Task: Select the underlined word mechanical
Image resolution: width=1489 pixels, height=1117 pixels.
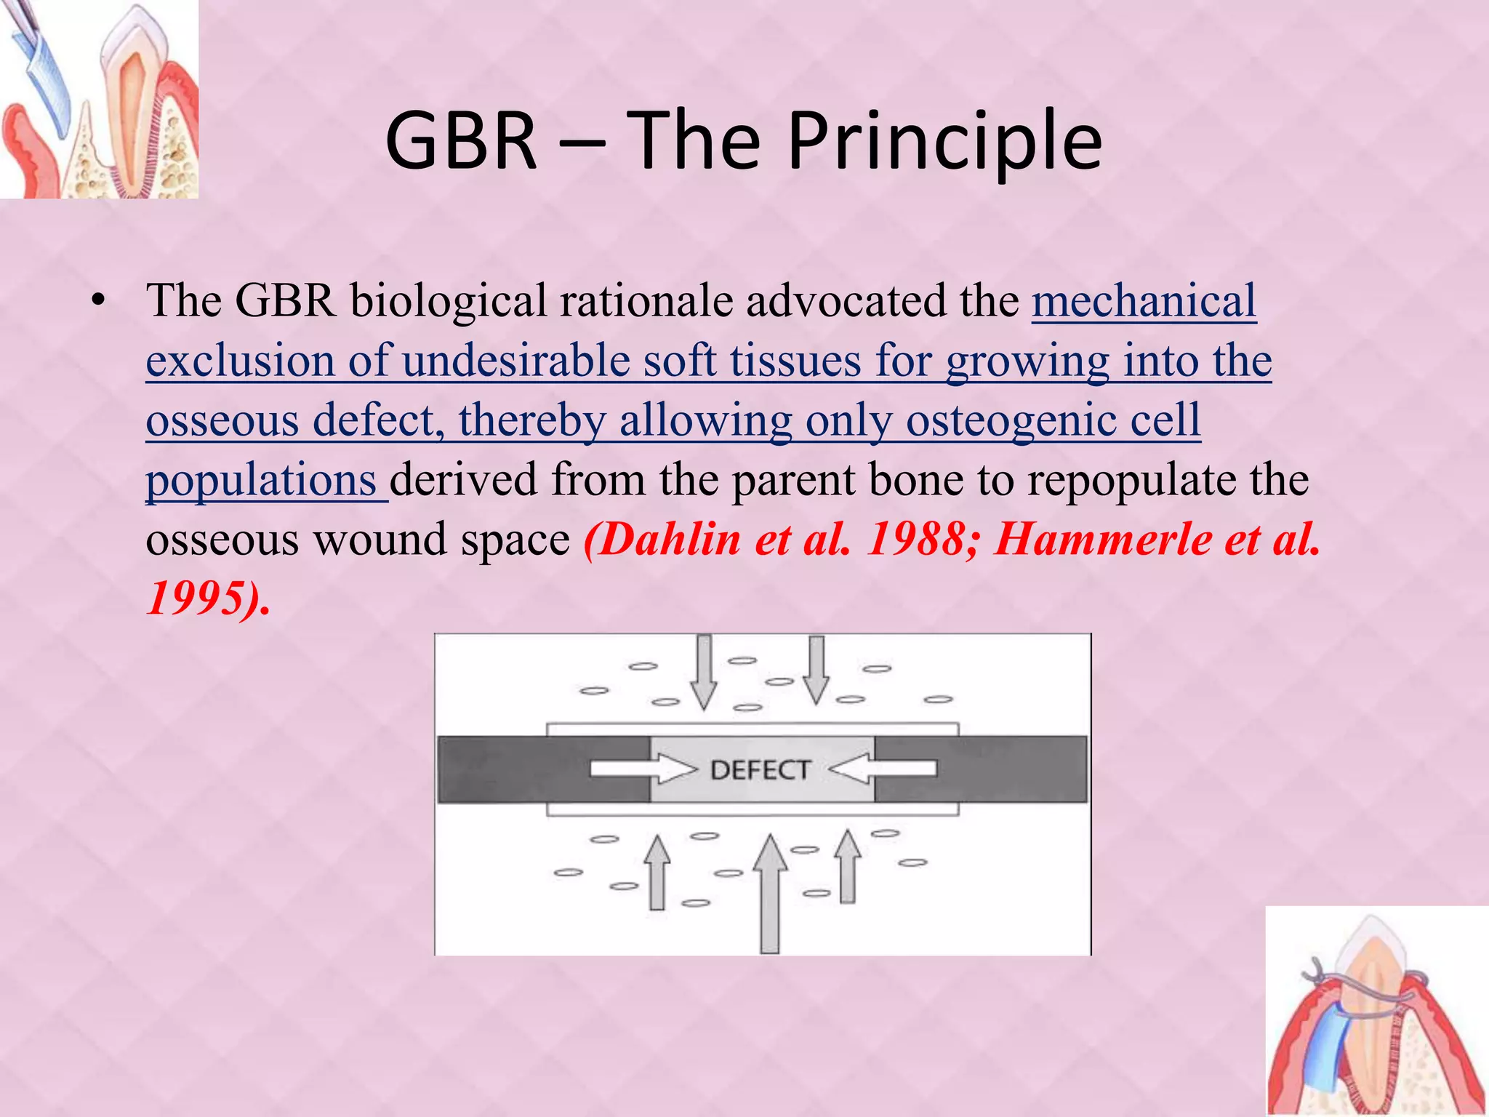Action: click(1144, 300)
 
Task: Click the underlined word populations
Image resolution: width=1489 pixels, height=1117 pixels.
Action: click(261, 480)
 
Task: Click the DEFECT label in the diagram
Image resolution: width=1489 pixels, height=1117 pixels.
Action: click(760, 770)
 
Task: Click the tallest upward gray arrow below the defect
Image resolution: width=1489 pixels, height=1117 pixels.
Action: click(769, 894)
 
